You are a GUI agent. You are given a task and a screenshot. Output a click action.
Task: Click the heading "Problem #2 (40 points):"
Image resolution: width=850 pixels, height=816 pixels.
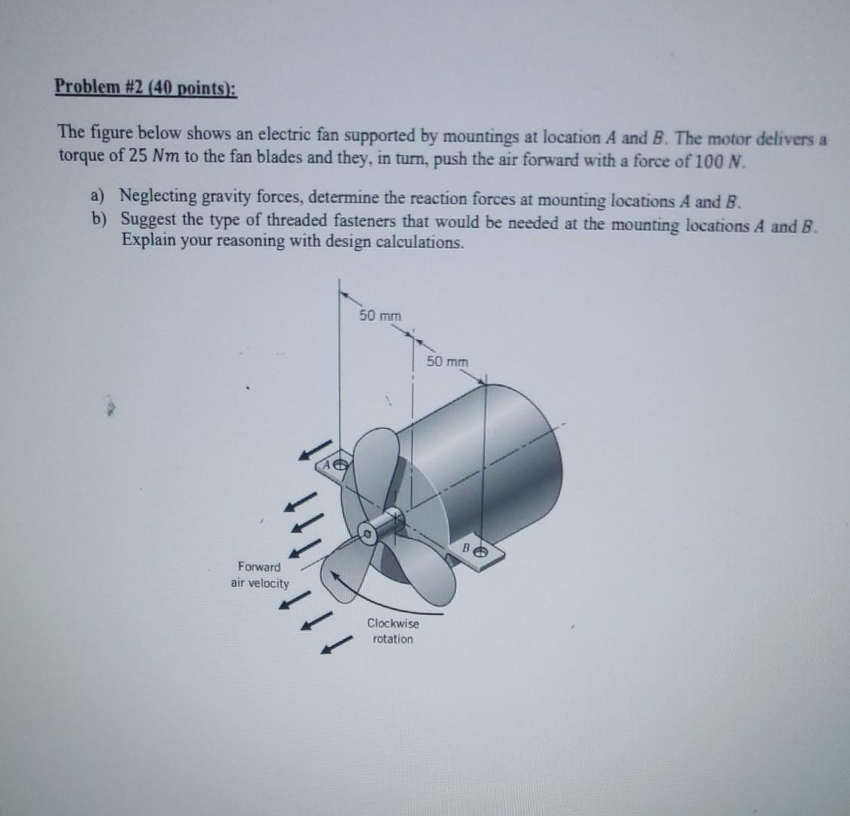145,87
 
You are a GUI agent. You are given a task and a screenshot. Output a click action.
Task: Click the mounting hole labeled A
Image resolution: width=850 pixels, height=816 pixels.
340,464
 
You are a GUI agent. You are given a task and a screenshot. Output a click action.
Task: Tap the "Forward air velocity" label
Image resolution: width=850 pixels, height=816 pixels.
260,575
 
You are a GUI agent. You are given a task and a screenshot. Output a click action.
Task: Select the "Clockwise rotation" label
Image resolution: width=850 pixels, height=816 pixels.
393,632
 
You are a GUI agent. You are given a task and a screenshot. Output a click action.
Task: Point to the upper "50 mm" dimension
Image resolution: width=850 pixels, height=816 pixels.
380,315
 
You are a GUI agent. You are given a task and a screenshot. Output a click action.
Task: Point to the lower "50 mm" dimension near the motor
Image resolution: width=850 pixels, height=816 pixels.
447,362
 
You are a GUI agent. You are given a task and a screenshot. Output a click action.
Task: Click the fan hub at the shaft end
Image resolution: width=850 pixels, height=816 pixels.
368,533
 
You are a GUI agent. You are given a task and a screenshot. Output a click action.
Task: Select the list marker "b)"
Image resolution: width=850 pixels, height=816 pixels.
99,220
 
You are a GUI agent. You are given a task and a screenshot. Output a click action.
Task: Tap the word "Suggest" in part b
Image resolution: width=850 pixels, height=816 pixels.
149,220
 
